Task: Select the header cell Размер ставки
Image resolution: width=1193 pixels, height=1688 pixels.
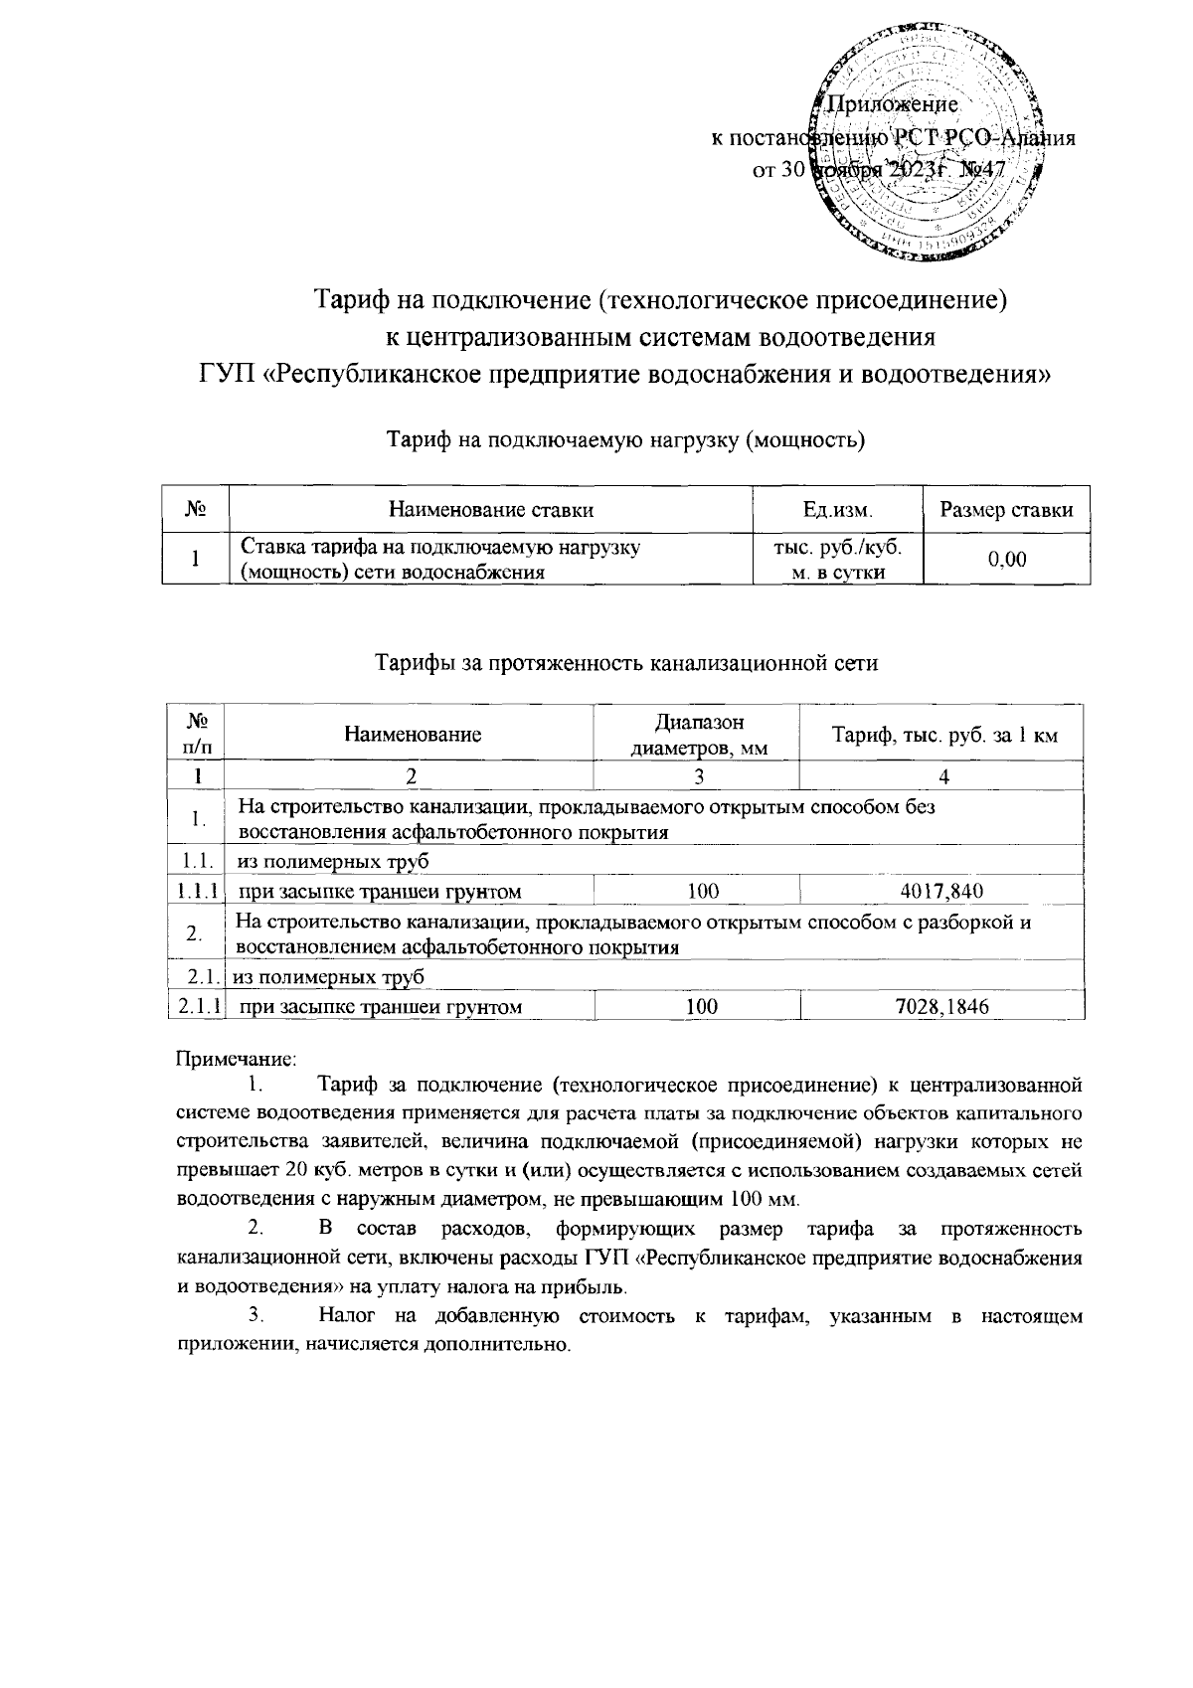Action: tap(1006, 511)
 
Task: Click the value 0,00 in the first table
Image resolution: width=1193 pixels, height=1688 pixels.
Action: tap(1006, 560)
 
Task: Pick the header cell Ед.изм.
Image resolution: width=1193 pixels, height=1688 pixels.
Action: tap(837, 511)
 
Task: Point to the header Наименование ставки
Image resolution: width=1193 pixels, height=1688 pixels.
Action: tap(491, 511)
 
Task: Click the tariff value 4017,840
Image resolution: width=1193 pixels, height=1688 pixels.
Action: tap(940, 891)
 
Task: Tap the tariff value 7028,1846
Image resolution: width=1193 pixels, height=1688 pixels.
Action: tap(940, 1007)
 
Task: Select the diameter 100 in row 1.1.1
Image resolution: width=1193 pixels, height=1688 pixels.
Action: tap(702, 891)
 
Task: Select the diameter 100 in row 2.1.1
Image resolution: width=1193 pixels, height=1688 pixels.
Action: tap(702, 1007)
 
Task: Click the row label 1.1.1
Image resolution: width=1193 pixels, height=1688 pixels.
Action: tap(198, 891)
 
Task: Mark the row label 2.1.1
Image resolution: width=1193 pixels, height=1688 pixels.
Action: tap(198, 1007)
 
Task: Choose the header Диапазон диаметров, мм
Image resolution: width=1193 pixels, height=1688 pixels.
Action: tap(699, 735)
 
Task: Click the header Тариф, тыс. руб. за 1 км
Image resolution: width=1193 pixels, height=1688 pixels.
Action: tap(942, 736)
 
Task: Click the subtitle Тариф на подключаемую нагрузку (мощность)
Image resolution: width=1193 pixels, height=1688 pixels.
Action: tap(625, 438)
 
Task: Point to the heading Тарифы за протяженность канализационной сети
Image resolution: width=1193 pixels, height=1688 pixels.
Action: tap(625, 663)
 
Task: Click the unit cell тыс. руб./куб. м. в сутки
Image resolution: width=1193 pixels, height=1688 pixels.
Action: tap(837, 560)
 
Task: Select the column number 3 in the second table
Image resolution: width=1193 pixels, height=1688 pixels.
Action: tap(699, 776)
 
